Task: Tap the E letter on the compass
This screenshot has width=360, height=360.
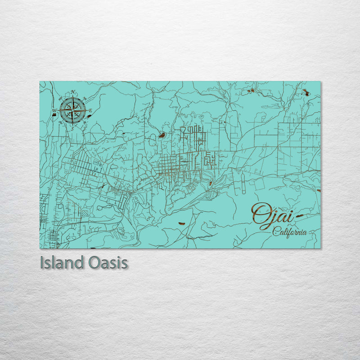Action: pyautogui.click(x=90, y=111)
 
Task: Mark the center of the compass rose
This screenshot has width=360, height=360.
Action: pyautogui.click(x=72, y=110)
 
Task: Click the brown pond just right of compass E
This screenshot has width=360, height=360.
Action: pyautogui.click(x=89, y=115)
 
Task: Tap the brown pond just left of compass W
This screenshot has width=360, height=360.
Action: pyautogui.click(x=54, y=115)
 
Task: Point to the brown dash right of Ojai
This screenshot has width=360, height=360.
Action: pyautogui.click(x=298, y=217)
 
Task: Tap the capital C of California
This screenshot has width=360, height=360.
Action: pyautogui.click(x=274, y=232)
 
